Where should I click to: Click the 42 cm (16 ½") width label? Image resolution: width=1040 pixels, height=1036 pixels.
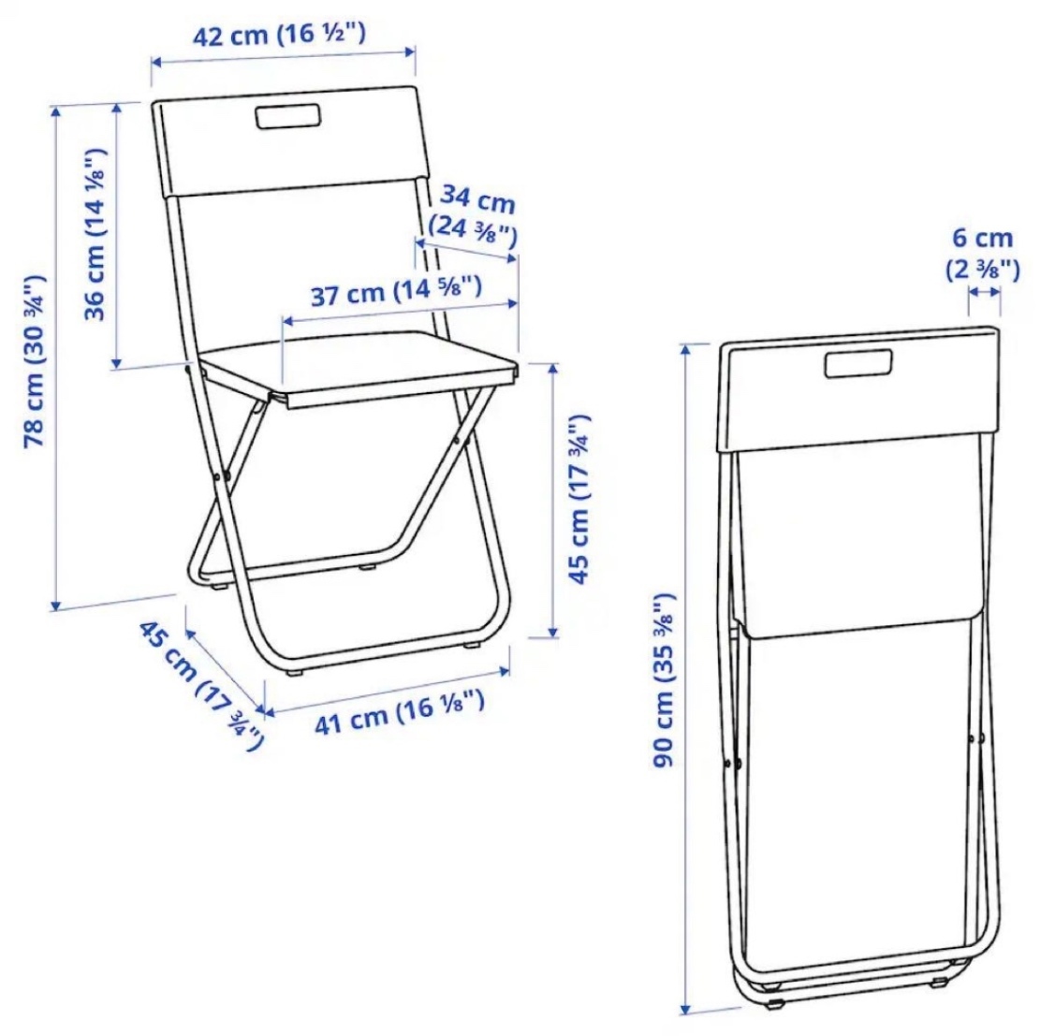tap(279, 35)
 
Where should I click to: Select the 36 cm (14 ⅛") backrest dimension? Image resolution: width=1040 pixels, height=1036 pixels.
tap(95, 234)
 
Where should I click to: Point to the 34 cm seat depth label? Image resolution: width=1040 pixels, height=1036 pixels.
tap(478, 198)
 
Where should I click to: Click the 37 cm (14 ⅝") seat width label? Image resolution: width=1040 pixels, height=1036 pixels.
tap(396, 292)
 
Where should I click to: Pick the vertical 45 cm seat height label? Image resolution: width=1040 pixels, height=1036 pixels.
tap(579, 499)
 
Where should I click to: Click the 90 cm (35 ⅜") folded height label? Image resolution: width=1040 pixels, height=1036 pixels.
tap(664, 680)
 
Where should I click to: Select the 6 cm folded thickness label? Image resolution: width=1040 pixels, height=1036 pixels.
tap(983, 238)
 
